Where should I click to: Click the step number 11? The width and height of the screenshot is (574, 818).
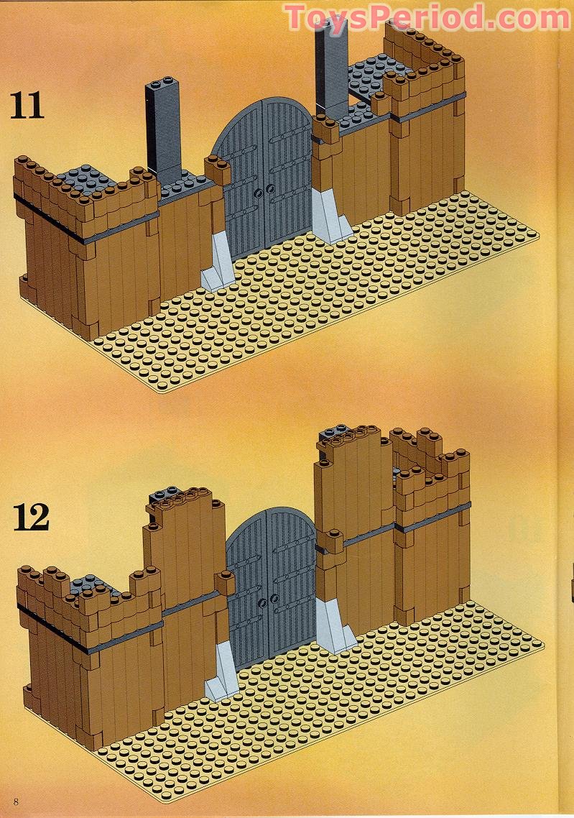[27, 106]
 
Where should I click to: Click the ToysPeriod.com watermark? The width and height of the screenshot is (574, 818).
[427, 17]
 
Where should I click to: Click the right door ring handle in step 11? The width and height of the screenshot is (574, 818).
[270, 188]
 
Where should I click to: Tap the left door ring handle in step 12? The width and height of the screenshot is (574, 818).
[262, 603]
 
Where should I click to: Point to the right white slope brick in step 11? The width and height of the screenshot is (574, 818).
[330, 216]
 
